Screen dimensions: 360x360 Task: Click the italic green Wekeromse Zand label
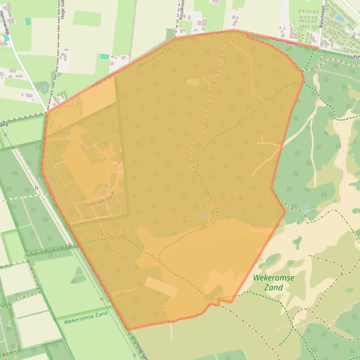click(x=274, y=282)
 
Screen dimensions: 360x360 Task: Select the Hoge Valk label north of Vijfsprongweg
click(x=63, y=9)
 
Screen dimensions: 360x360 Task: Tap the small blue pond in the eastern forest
click(x=306, y=207)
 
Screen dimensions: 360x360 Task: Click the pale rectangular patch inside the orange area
click(x=161, y=286)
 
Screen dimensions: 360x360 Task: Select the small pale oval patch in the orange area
click(x=192, y=82)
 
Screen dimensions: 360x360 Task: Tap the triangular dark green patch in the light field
click(x=78, y=276)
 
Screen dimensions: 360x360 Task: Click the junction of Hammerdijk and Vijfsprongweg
click(x=47, y=111)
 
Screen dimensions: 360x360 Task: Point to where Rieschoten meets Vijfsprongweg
click(x=319, y=47)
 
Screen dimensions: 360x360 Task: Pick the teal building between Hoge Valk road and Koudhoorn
click(x=105, y=57)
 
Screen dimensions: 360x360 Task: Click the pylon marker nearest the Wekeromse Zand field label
click(x=102, y=299)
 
